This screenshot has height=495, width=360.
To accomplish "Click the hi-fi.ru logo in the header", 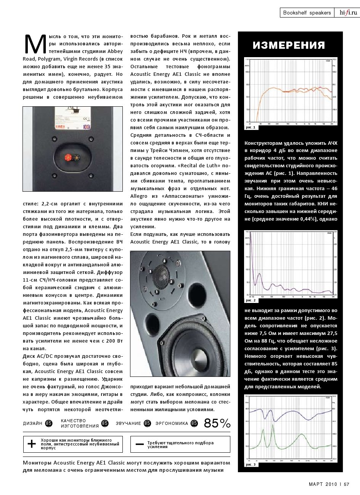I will tap(348, 13).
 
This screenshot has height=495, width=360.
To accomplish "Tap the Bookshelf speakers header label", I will tap(307, 13).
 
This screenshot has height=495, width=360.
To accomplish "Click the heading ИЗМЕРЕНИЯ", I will tap(289, 46).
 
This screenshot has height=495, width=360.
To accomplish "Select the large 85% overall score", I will tap(217, 423).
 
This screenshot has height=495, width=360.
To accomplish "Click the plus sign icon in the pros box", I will tap(32, 444).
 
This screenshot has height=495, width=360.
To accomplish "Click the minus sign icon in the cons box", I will tap(140, 444).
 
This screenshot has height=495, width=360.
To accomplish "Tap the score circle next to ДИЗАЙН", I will tap(49, 423).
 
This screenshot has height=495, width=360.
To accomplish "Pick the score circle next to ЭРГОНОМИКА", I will tap(194, 423).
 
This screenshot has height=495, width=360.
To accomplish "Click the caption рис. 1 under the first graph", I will tap(250, 128).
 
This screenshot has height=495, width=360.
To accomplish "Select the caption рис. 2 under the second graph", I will tap(250, 300).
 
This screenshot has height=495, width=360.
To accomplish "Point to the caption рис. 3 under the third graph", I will tap(251, 465).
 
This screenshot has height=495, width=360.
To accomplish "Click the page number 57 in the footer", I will tap(346, 484).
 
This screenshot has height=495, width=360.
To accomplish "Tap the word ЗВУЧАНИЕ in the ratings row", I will tap(129, 423).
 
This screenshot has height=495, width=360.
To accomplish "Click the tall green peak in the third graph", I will tap(263, 430).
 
